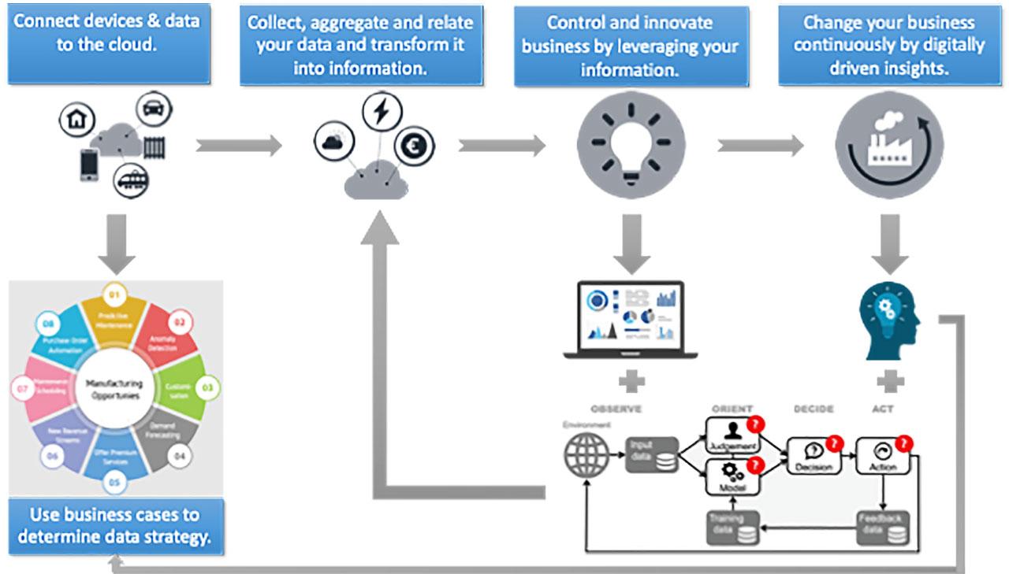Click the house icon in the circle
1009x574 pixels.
[77, 120]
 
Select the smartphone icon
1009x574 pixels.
[89, 164]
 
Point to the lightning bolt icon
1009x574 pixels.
[382, 113]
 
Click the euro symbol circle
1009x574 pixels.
[415, 146]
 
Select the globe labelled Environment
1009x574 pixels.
[585, 454]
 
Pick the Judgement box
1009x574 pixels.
[732, 435]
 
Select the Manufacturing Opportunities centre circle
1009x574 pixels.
[115, 389]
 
